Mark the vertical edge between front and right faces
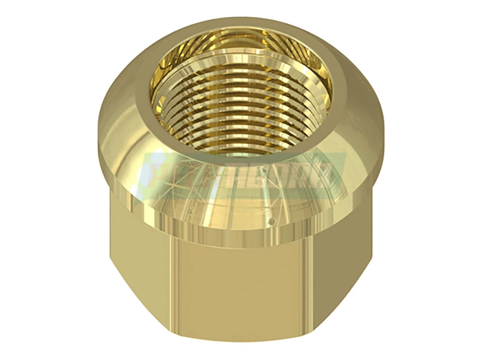point(310,280)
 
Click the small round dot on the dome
point(271,221)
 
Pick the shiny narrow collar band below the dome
point(240,236)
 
